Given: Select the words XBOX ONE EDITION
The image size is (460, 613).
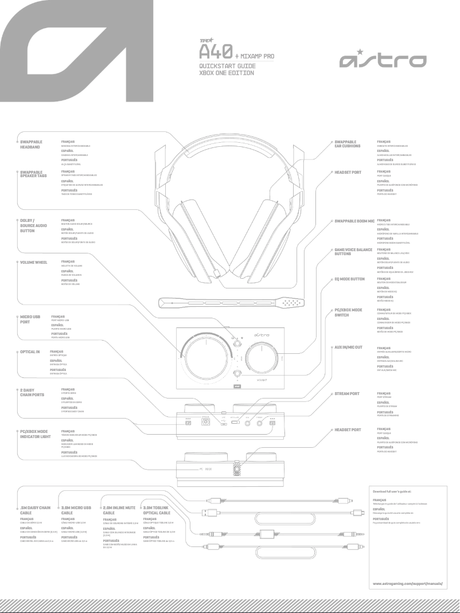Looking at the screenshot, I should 227,73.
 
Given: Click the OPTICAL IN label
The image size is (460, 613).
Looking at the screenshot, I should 30,351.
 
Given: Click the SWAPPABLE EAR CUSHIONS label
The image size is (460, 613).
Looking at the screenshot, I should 348,144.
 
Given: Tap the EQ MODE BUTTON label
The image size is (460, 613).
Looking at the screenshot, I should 349,279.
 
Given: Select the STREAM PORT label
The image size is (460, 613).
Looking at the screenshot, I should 347,394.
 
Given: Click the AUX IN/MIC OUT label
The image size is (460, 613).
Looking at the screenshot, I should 349,348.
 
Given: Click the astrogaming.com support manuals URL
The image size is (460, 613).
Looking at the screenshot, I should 408,583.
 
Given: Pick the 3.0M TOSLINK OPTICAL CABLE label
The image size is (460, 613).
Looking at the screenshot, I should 158,510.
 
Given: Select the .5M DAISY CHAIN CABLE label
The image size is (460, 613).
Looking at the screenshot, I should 36,510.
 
